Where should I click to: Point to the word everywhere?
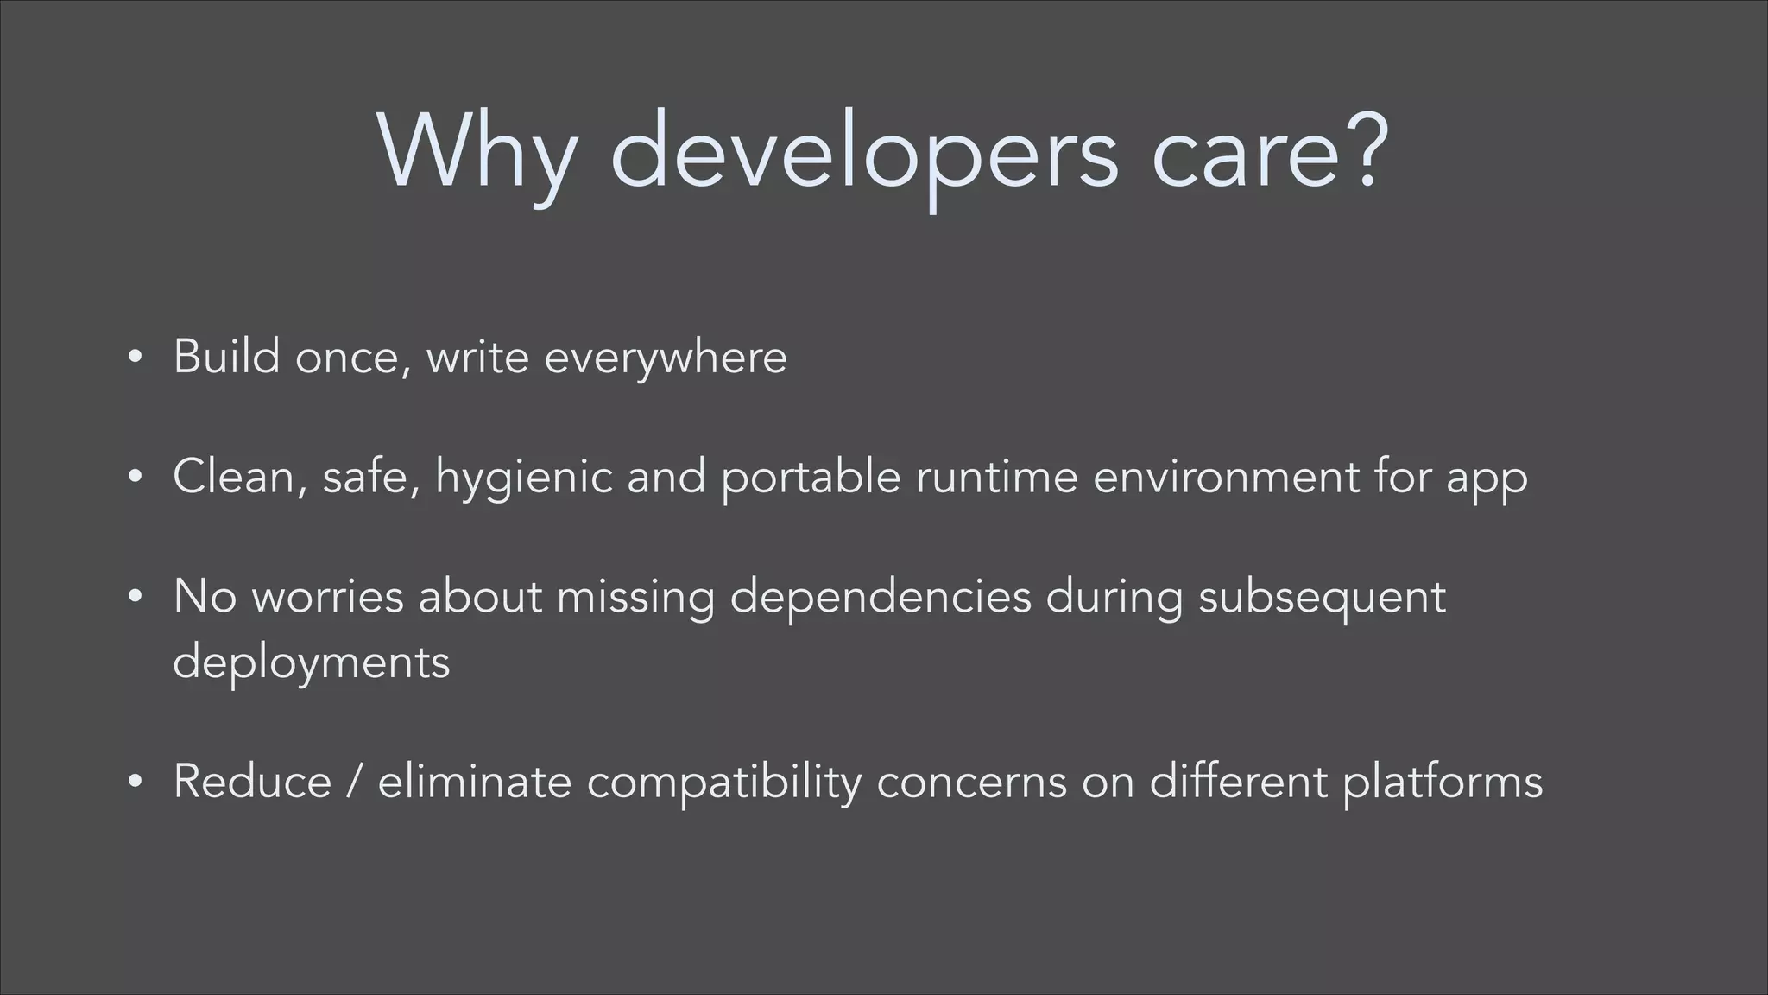(x=666, y=358)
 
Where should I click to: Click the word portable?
(x=811, y=477)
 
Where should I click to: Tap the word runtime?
(x=997, y=477)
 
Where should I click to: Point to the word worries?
(x=328, y=596)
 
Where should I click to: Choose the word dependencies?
(x=881, y=598)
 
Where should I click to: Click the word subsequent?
(x=1322, y=598)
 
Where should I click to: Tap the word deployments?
(x=312, y=663)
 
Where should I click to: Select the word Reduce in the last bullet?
(x=252, y=782)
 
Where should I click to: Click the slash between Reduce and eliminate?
(x=355, y=782)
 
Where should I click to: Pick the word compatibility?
(x=724, y=783)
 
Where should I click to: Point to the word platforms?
(x=1443, y=783)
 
